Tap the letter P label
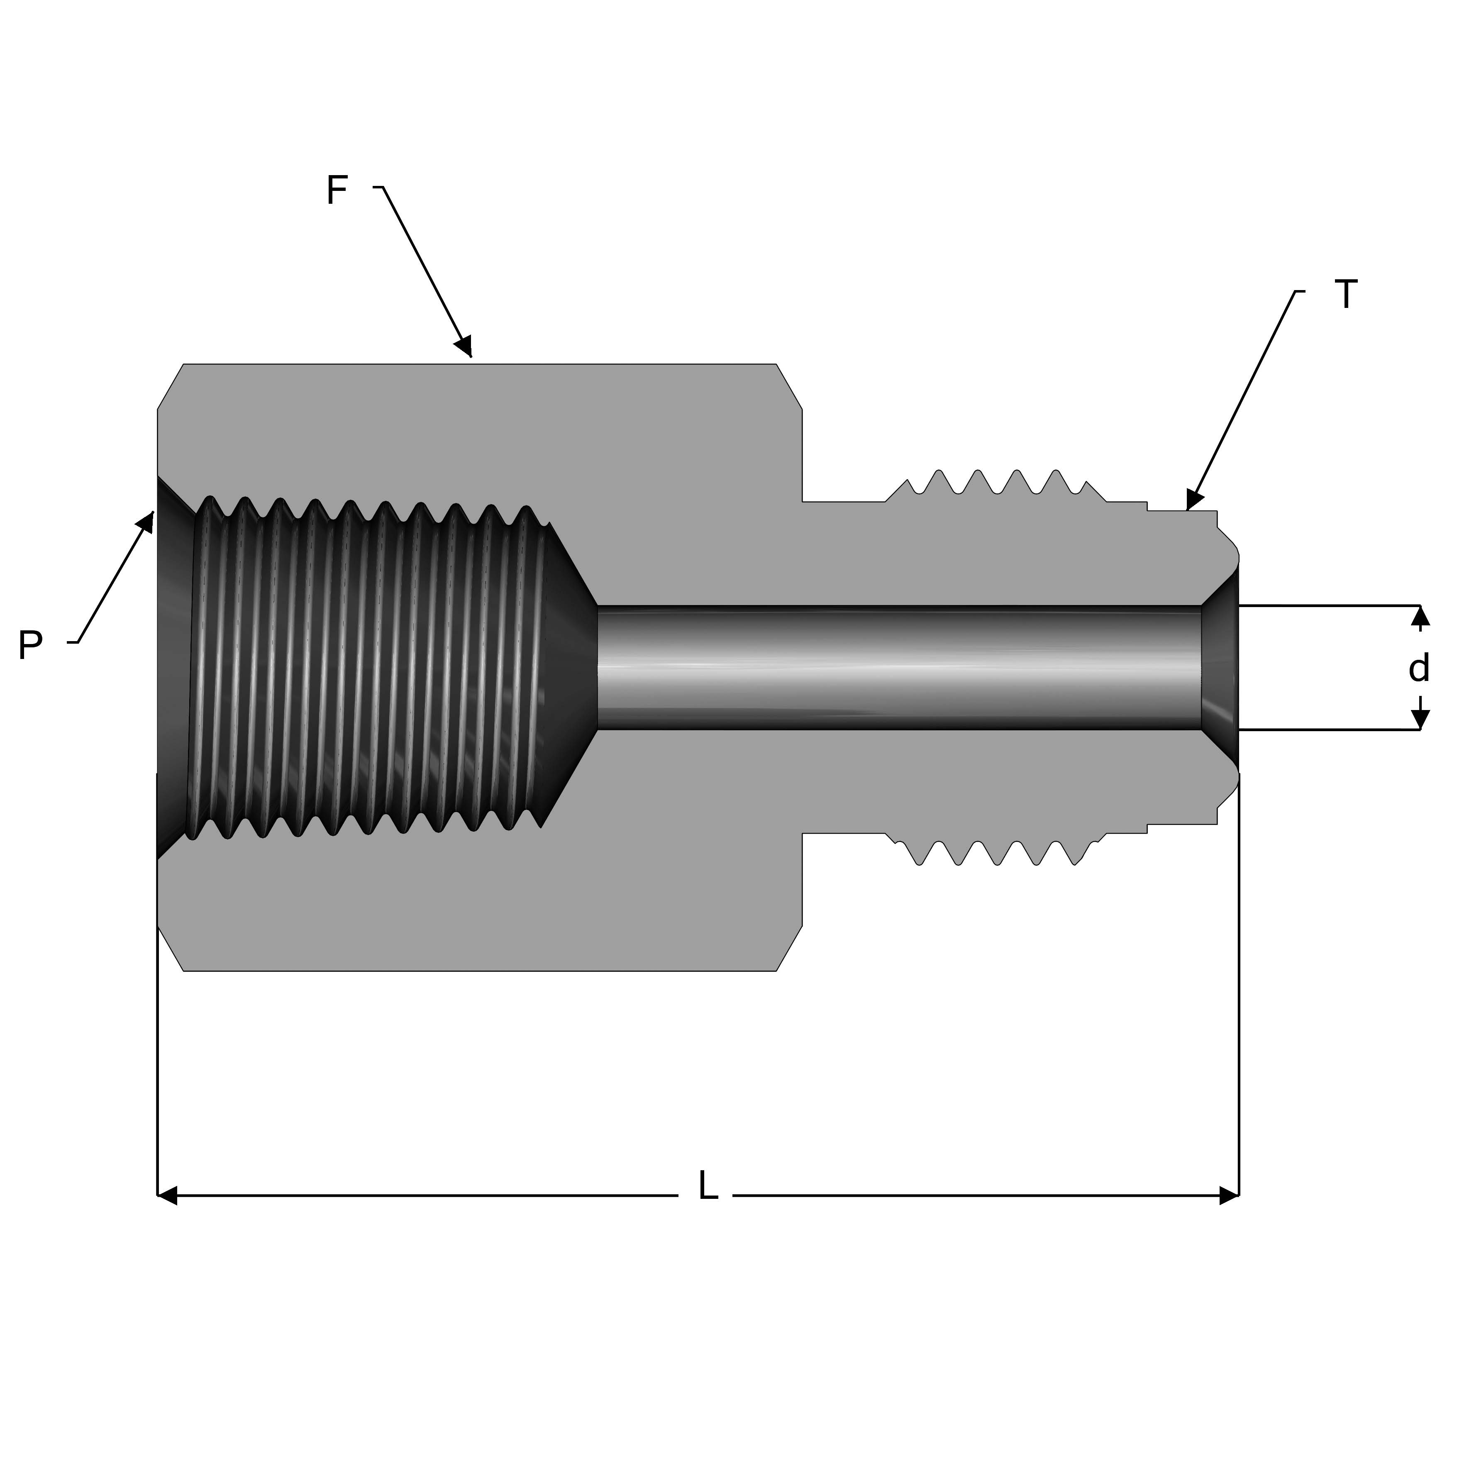pos(30,646)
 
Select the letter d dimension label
pos(1419,669)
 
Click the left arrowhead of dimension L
pos(167,1195)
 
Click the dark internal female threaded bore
pos(365,669)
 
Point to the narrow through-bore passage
pos(897,668)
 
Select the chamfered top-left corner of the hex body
pos(170,386)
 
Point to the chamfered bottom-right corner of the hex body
pos(789,949)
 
